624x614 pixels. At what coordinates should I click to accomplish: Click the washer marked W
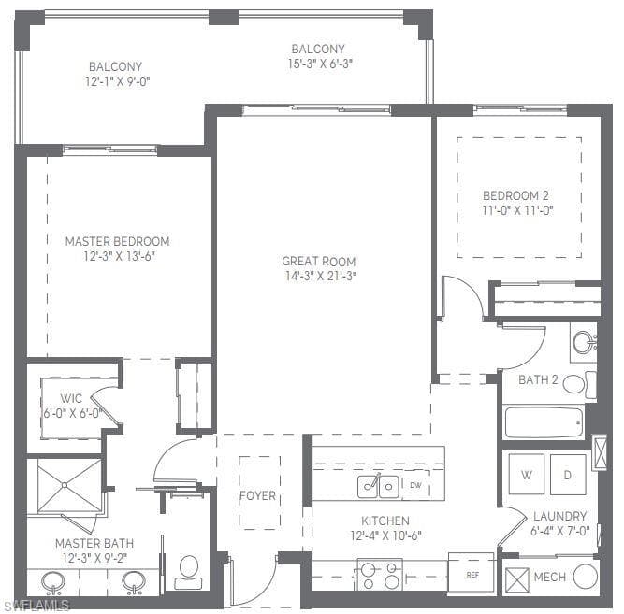526,474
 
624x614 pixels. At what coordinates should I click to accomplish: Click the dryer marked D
568,474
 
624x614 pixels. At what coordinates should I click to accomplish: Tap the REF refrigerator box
472,574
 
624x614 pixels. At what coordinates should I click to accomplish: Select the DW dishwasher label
415,485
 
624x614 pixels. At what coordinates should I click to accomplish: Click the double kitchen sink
378,486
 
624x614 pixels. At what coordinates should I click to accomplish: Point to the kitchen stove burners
380,575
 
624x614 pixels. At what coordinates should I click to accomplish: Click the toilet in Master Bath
188,572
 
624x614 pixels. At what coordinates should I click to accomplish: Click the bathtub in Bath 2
544,422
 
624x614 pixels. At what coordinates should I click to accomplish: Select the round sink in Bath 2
584,342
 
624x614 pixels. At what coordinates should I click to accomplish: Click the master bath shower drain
65,485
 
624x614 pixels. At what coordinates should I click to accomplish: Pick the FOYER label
257,495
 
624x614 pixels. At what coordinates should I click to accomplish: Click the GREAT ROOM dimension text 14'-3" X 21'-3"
320,276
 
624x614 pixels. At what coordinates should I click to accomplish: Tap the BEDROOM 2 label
515,195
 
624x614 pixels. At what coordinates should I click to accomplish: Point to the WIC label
71,398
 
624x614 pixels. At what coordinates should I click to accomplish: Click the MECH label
549,577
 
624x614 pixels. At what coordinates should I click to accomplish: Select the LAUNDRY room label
560,516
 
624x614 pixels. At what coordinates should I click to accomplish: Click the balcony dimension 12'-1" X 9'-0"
117,81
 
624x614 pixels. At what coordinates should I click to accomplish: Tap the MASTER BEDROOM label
117,241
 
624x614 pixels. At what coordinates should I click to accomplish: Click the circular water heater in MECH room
586,576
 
